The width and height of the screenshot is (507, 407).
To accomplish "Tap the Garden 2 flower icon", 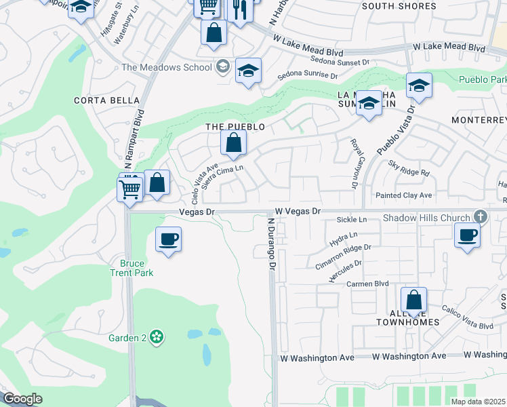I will (157, 337).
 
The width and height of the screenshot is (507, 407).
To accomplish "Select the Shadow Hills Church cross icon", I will (481, 216).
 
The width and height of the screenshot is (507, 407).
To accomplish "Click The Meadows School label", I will (166, 67).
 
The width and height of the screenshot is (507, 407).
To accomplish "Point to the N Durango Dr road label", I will (270, 246).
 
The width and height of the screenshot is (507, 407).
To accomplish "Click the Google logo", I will (22, 399).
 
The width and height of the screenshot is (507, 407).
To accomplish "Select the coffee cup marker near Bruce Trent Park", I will (168, 240).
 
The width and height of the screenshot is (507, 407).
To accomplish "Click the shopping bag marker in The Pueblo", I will (232, 144).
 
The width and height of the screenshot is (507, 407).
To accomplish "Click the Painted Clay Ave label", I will (404, 195).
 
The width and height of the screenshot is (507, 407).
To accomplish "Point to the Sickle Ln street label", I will (352, 220).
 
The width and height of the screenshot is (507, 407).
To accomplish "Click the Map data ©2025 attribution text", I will (477, 402).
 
